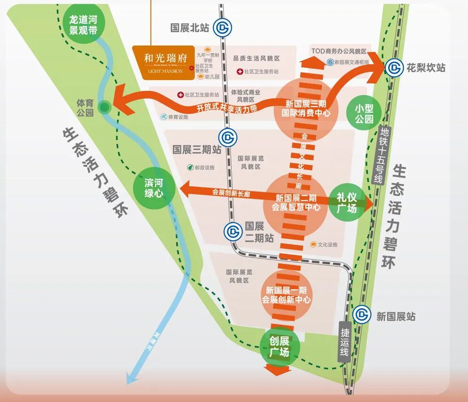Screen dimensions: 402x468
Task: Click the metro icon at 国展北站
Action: (x=222, y=28)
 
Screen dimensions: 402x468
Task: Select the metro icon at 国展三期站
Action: (x=229, y=137)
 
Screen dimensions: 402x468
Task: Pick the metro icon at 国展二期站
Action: (x=234, y=231)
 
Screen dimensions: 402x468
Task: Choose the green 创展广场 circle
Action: (x=279, y=347)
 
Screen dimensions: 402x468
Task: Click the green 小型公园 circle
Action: (x=364, y=113)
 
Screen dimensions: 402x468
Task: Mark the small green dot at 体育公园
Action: (x=104, y=107)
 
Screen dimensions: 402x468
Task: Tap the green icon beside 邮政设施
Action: (x=190, y=167)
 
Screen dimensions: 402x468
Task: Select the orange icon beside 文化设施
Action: (x=313, y=245)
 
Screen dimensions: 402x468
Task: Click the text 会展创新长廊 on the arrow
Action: (x=230, y=193)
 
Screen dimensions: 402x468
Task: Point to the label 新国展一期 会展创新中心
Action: (x=286, y=295)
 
